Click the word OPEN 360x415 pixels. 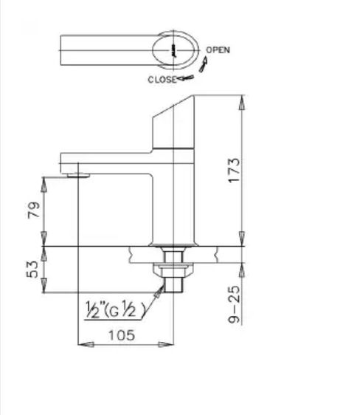point(218,50)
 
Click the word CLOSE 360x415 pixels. point(162,80)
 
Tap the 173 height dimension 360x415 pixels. point(234,170)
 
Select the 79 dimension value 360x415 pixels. point(34,210)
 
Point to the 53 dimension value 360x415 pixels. point(32,270)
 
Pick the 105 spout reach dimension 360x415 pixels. point(122,335)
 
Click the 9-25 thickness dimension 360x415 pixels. point(234,304)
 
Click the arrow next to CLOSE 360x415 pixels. point(185,78)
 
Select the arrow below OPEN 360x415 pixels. point(203,64)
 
